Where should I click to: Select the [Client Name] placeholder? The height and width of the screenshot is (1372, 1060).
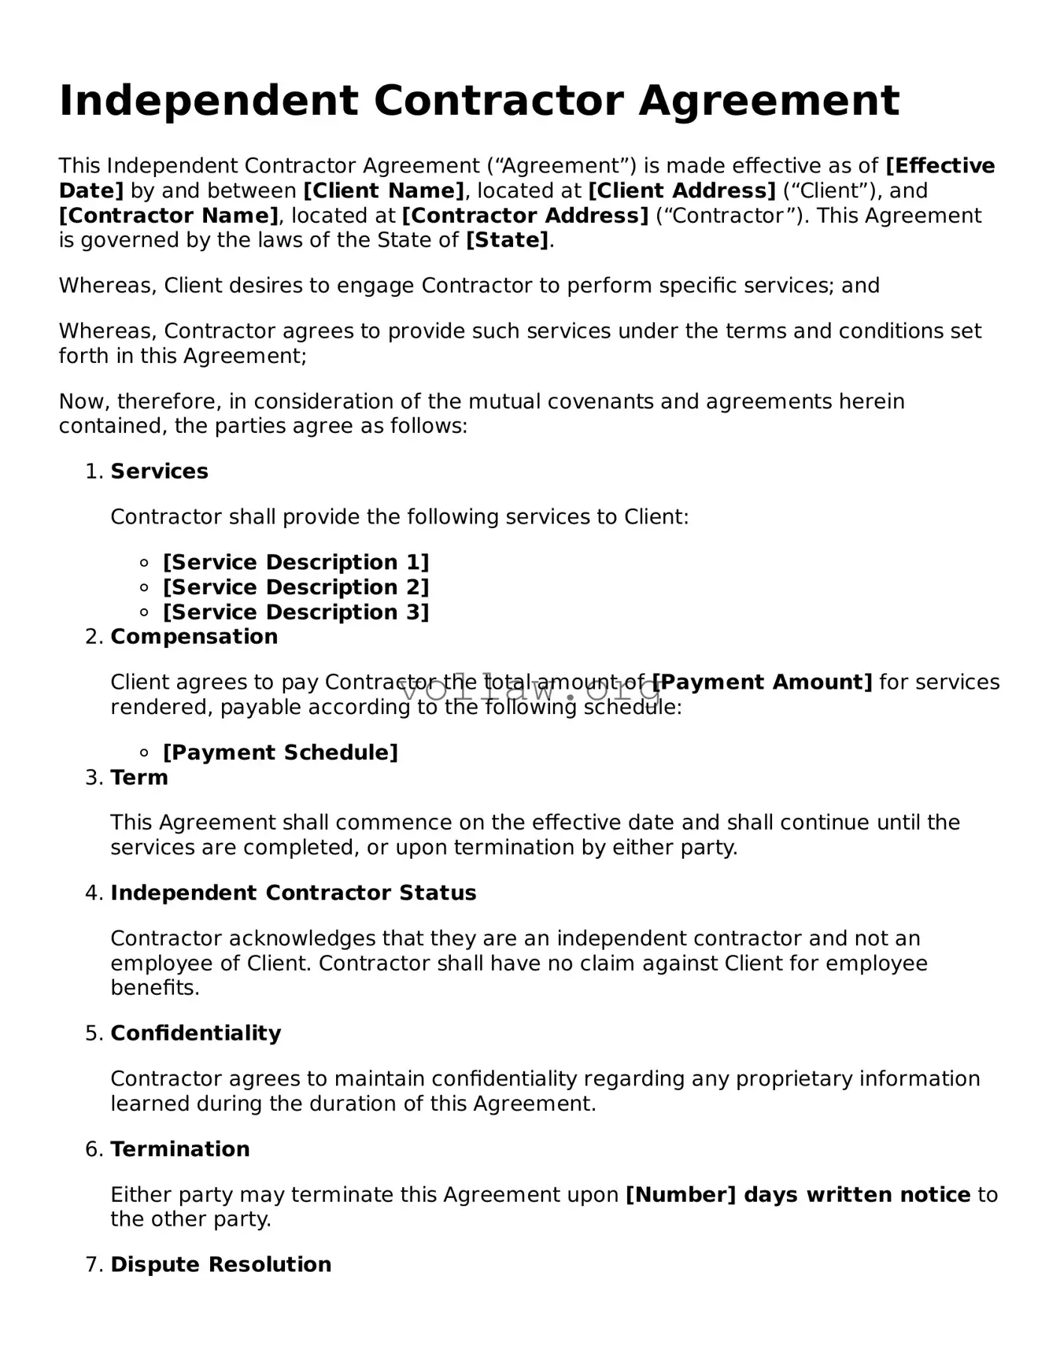384,191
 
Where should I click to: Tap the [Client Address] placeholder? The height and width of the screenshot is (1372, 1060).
682,191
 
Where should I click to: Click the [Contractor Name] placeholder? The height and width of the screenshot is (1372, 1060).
168,216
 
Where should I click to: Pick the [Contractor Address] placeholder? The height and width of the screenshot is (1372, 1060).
525,216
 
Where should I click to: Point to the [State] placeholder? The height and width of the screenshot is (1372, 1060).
508,241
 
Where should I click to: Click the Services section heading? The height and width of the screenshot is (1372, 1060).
159,472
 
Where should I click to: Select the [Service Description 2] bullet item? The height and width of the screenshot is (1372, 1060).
296,588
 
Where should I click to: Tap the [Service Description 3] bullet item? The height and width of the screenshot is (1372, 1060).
296,612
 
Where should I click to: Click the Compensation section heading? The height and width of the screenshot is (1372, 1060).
194,637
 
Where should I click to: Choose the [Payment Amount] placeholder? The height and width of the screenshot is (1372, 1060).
763,682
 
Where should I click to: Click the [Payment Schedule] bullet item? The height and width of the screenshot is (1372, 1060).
280,753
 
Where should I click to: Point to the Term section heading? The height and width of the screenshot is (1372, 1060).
139,778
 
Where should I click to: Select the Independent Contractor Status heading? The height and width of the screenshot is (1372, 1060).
294,893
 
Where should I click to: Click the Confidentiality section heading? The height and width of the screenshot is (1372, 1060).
195,1034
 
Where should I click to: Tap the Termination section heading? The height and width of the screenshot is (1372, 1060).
179,1149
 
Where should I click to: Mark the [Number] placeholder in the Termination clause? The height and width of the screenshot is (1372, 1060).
681,1195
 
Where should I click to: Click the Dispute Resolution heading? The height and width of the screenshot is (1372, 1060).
220,1265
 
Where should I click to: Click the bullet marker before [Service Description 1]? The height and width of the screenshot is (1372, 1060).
144,563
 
